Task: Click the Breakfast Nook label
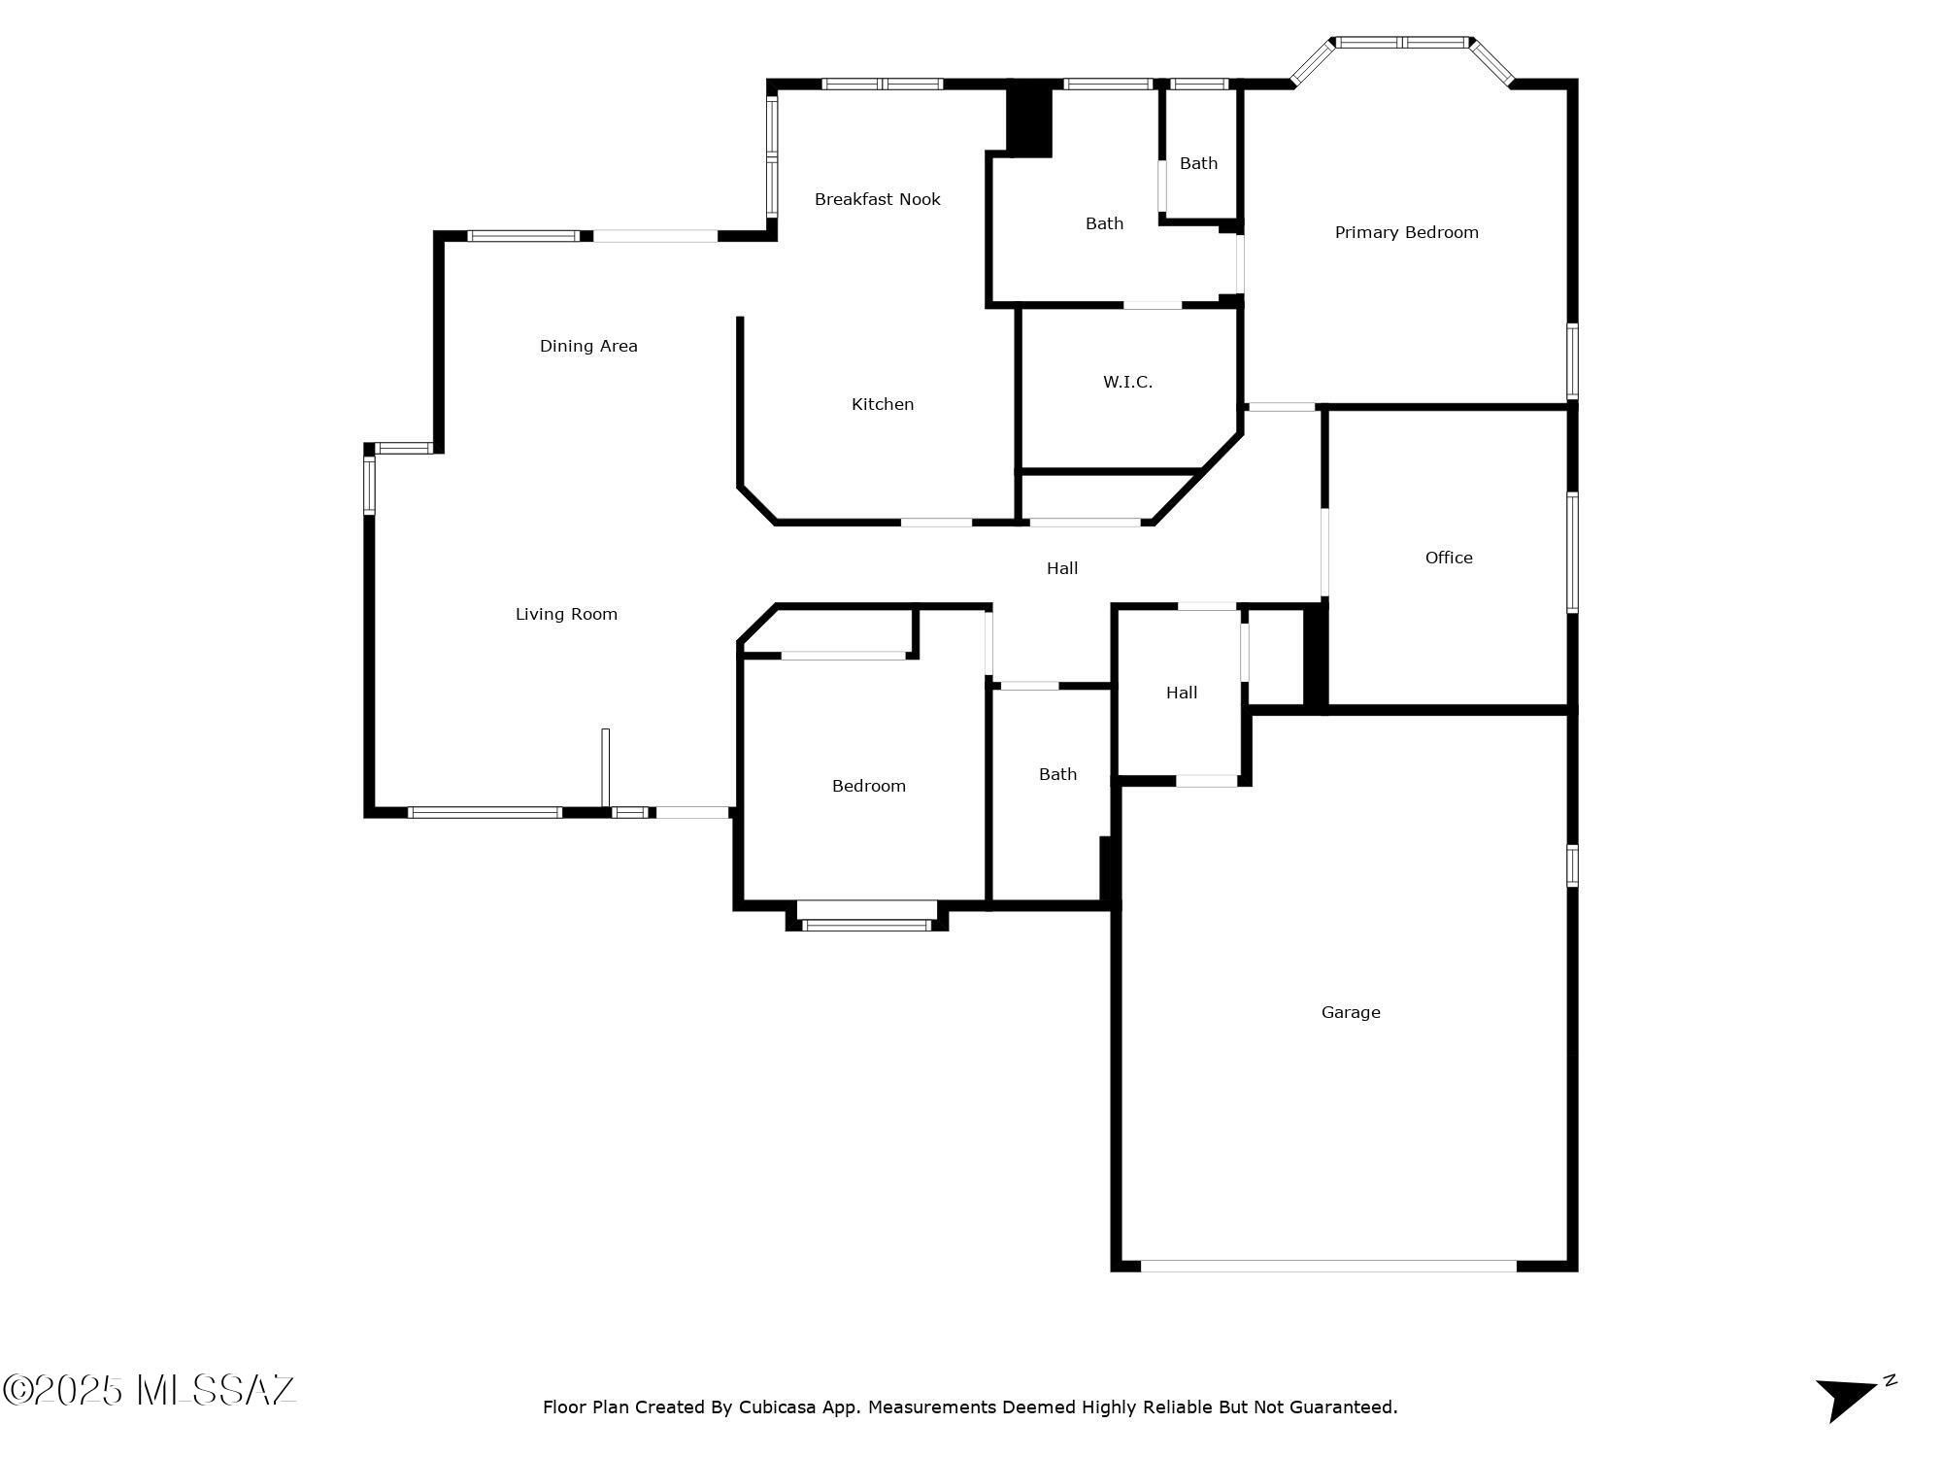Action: [877, 199]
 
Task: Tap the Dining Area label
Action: [588, 346]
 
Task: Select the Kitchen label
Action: [883, 404]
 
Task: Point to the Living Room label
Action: [566, 614]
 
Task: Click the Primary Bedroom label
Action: [1406, 232]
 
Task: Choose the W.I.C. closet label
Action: [1127, 382]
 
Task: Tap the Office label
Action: [1449, 558]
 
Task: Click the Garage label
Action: [1351, 1012]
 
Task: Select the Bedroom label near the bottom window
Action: [868, 786]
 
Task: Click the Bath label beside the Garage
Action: [1057, 774]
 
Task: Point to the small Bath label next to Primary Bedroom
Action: [1198, 163]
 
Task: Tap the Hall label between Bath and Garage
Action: [1182, 693]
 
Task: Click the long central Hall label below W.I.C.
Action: [1062, 568]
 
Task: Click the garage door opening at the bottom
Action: [1328, 1266]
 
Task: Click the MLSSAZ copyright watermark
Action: [150, 1390]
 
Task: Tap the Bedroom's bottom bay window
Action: [867, 925]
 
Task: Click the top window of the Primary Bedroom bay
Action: [1401, 42]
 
